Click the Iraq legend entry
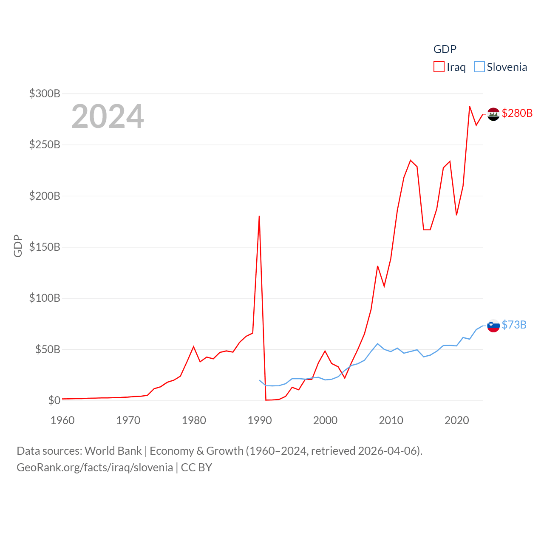(x=450, y=67)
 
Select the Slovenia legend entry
(x=501, y=67)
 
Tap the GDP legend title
(x=445, y=49)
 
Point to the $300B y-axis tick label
(x=45, y=93)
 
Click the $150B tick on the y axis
(x=45, y=247)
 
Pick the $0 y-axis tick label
(x=54, y=400)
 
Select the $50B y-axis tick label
(x=48, y=349)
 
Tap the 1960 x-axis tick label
(x=62, y=420)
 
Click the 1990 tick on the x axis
(x=260, y=420)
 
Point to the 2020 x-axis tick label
(x=456, y=420)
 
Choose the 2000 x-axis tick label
(x=325, y=420)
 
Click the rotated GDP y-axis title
(x=18, y=246)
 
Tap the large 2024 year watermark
(x=108, y=116)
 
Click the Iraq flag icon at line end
(x=493, y=114)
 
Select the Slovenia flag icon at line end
(x=493, y=326)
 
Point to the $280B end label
(x=517, y=113)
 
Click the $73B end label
(x=514, y=325)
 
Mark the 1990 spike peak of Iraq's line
(x=259, y=216)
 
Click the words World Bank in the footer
(x=113, y=450)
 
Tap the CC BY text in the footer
(x=196, y=467)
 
